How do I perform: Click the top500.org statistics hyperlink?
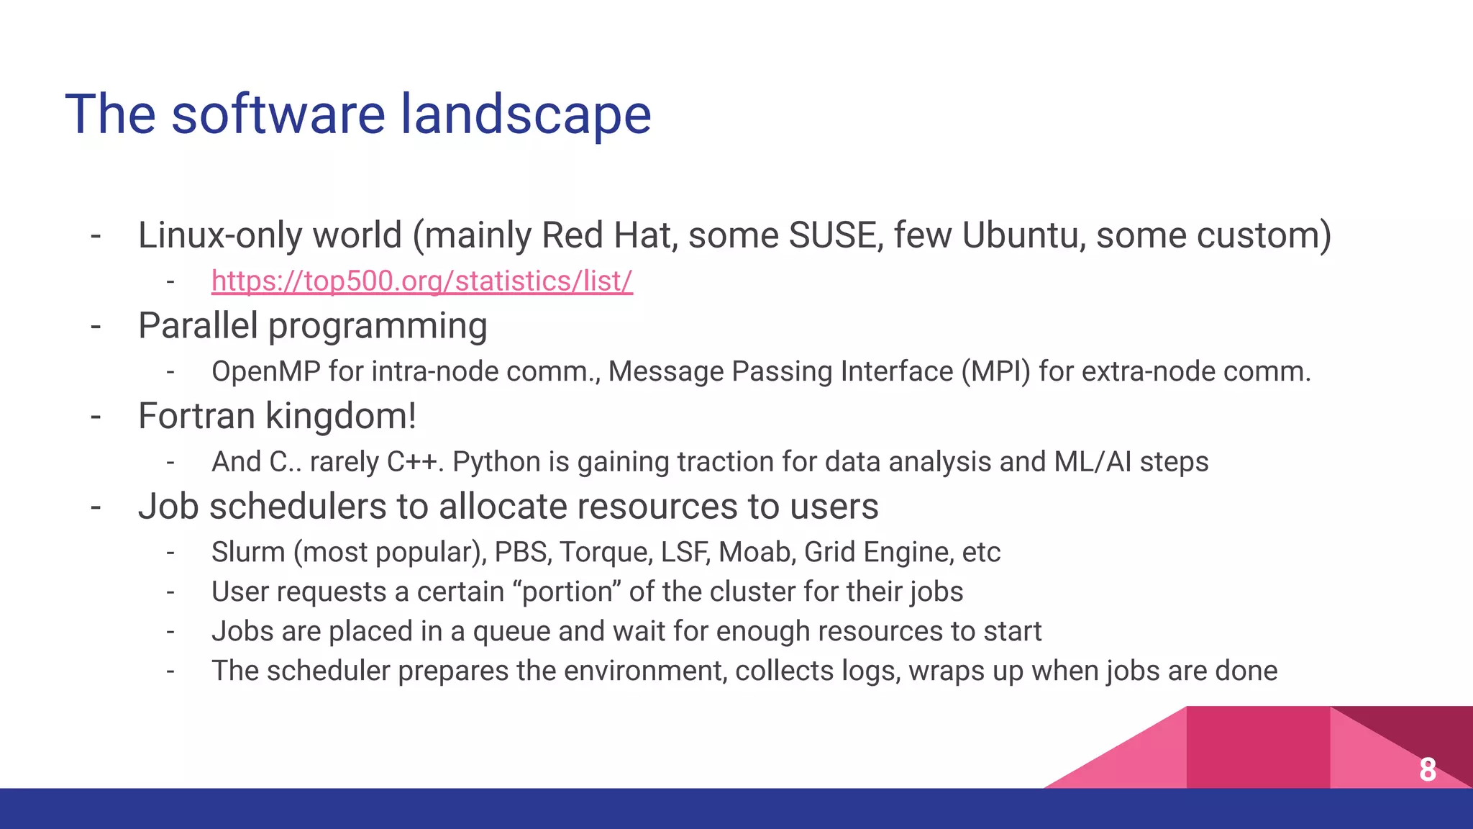point(421,281)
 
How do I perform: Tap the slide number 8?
point(1428,769)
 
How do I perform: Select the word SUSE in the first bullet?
point(836,235)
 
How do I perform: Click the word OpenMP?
point(265,371)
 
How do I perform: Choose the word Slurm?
point(248,552)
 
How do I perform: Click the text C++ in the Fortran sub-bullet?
point(412,461)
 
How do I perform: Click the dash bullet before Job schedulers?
point(96,507)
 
